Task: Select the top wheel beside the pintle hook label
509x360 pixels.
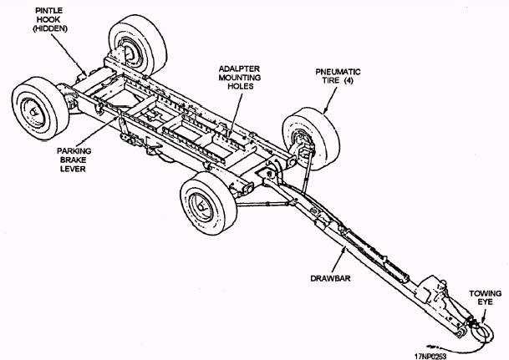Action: (132, 48)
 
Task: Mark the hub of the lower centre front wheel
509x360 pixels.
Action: (201, 210)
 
